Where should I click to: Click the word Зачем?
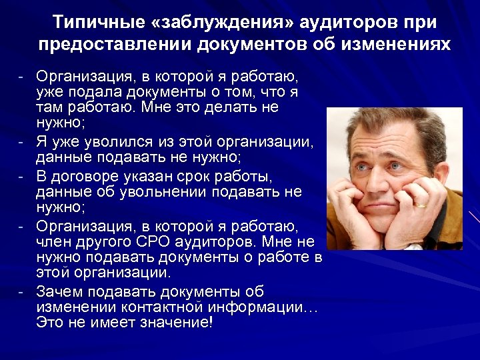coord(58,291)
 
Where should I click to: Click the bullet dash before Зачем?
coord(22,291)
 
